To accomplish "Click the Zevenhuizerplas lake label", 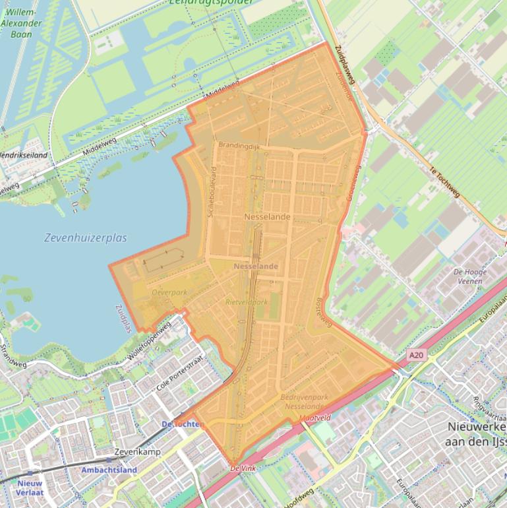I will (x=86, y=238).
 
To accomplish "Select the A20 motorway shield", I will (x=415, y=355).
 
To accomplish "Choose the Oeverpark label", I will (x=169, y=292).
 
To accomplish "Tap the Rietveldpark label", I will (x=247, y=302).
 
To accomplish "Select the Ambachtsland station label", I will (x=109, y=470).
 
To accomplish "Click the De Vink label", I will (x=242, y=468).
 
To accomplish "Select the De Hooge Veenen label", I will (x=470, y=276).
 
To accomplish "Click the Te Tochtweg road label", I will (x=444, y=181).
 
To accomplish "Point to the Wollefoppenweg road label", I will (x=150, y=341).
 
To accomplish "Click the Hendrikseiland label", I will (x=23, y=155).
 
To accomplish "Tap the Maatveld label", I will (x=314, y=418).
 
